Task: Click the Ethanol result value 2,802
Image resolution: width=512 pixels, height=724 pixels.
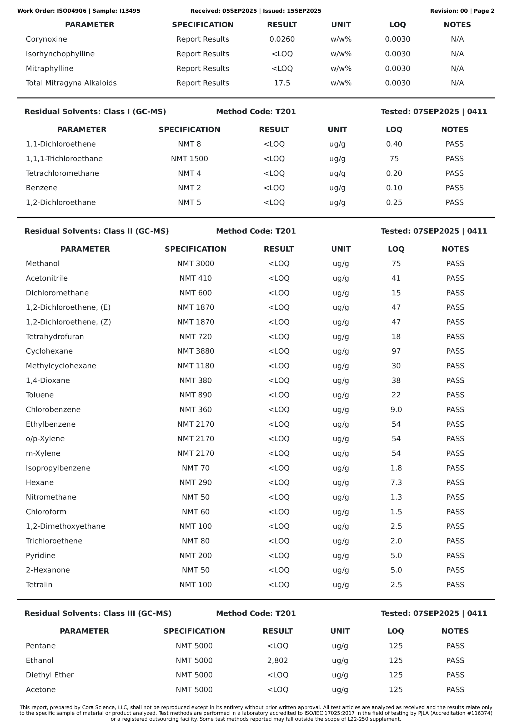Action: coord(277,660)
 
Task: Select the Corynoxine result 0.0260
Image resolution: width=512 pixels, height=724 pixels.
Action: coord(282,39)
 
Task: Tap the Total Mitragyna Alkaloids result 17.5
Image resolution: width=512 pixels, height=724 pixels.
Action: coord(282,83)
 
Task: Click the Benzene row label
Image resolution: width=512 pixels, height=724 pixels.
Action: coord(42,188)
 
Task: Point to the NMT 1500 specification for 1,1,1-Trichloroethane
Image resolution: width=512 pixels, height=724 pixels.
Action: coord(189,159)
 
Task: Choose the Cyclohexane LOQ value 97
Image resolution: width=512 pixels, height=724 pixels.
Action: coord(396,351)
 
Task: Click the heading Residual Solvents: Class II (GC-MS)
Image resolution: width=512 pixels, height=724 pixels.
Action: coord(97,231)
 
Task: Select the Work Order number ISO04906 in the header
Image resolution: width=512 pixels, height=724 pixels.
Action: coord(72,11)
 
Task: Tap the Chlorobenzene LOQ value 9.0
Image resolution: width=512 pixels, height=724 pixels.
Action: coord(396,410)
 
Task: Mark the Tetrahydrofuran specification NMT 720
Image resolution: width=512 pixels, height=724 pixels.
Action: coord(195,336)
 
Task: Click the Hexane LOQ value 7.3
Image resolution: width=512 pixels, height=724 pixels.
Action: coord(396,482)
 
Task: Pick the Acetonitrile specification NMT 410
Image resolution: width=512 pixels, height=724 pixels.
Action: coord(195,278)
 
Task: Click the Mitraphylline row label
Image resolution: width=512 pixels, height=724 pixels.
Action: coord(49,68)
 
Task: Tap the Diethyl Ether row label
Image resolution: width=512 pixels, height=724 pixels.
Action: coord(50,675)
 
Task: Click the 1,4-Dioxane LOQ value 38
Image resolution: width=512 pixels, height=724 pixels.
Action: coord(396,380)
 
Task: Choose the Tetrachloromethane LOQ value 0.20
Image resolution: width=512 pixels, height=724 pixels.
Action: coord(394,173)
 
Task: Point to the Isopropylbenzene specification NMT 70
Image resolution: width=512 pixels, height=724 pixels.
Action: coord(195,468)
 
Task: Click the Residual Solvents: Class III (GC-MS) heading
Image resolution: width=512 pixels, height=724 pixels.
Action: coord(98,613)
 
